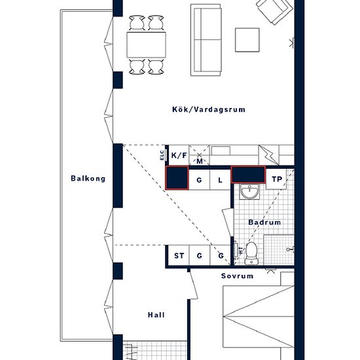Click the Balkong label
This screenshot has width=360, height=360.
pyautogui.click(x=88, y=179)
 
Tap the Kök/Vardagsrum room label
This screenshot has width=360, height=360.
pyautogui.click(x=209, y=109)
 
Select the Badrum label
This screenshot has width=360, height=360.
pyautogui.click(x=264, y=223)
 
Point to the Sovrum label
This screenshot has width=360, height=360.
pyautogui.click(x=237, y=276)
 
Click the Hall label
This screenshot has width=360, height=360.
pyautogui.click(x=156, y=315)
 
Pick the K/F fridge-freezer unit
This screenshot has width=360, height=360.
pyautogui.click(x=179, y=155)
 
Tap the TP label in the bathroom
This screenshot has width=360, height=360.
pyautogui.click(x=277, y=179)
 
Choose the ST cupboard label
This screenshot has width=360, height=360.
pyautogui.click(x=179, y=255)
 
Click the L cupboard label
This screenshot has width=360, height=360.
pyautogui.click(x=220, y=180)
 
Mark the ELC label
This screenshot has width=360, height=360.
pyautogui.click(x=162, y=155)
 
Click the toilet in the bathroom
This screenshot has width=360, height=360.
pyautogui.click(x=251, y=253)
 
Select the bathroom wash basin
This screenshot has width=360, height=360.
pyautogui.click(x=249, y=191)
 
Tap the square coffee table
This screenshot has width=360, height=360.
pyautogui.click(x=247, y=40)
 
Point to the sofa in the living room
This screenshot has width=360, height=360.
pyautogui.click(x=206, y=40)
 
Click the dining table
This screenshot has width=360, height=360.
pyautogui.click(x=146, y=45)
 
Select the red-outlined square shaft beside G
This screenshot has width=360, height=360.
pyautogui.click(x=177, y=177)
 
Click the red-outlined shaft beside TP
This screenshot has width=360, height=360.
pyautogui.click(x=248, y=175)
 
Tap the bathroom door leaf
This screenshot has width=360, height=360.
pyautogui.click(x=228, y=223)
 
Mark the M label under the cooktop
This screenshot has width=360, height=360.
pyautogui.click(x=200, y=161)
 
